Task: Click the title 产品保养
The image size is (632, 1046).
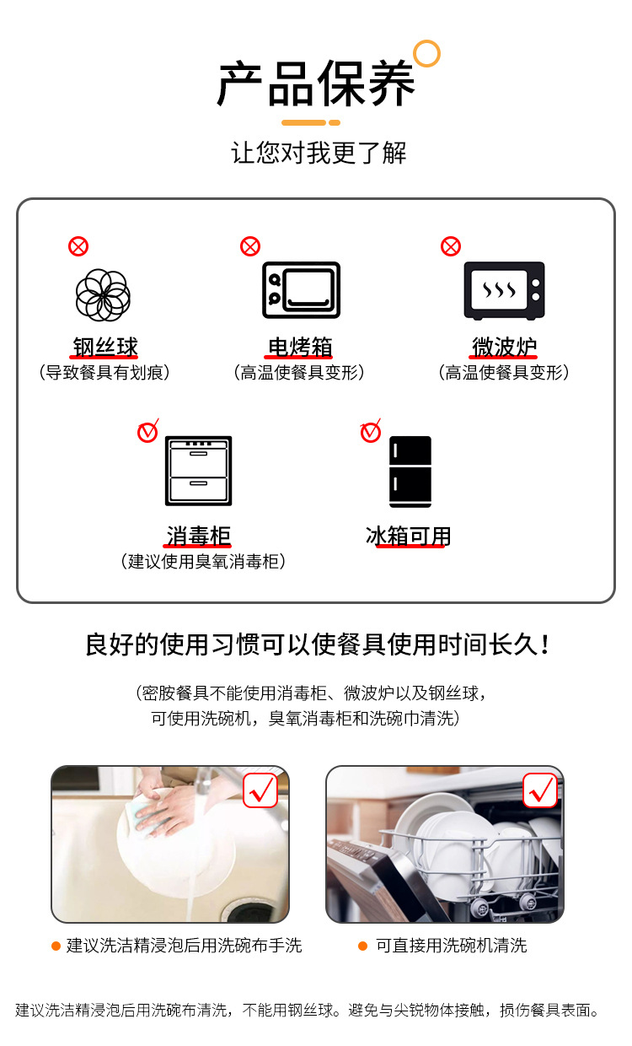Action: (316, 85)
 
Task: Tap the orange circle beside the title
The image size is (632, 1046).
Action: (427, 53)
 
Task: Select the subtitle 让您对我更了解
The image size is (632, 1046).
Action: (319, 153)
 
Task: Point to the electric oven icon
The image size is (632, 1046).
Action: (301, 289)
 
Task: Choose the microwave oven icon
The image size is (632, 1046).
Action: (504, 290)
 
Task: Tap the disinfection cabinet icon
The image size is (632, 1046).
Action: (198, 471)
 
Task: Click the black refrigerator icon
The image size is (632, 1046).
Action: (410, 472)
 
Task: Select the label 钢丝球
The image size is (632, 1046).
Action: (104, 347)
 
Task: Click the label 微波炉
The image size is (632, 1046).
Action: (504, 347)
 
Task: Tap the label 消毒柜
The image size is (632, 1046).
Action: (198, 536)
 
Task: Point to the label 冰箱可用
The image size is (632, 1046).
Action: (409, 536)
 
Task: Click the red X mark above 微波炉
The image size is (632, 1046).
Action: (451, 246)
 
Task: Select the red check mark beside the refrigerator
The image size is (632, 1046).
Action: (371, 432)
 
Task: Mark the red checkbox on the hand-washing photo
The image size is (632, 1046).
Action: (260, 790)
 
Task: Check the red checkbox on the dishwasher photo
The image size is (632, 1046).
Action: (540, 790)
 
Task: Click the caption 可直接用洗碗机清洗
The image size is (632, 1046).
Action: (451, 946)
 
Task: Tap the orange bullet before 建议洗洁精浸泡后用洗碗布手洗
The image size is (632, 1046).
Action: (56, 946)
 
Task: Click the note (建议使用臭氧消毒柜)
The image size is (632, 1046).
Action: (203, 562)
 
